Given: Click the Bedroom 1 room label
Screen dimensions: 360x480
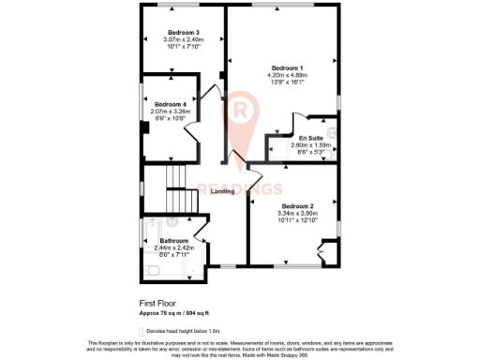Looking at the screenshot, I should (x=287, y=68).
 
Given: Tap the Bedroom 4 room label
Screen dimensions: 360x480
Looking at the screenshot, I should (x=170, y=104).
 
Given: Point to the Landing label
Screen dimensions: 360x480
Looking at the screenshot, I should (x=222, y=191).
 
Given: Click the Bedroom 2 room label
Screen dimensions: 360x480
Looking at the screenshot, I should (x=297, y=204).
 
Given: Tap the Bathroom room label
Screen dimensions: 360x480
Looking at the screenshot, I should (x=161, y=241).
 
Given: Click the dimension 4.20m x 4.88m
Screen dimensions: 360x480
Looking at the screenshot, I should (x=287, y=77).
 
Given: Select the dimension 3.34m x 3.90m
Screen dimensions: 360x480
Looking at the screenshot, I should (x=297, y=213).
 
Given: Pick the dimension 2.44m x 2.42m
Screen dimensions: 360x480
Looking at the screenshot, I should (x=161, y=247).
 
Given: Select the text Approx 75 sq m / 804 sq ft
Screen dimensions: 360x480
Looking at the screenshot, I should (x=174, y=312).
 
